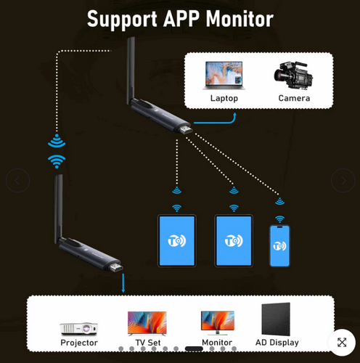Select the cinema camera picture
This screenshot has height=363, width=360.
[x=294, y=75]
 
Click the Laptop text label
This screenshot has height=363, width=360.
[x=224, y=98]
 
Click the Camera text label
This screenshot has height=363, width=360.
[x=294, y=98]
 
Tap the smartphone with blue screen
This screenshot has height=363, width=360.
[x=279, y=246]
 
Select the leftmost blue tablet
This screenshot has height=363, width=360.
[x=176, y=240]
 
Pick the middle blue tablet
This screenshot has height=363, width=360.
[x=233, y=240]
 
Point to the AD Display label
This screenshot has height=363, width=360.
[x=277, y=343]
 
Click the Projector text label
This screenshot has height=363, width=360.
[x=78, y=343]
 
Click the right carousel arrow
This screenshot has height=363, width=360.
[x=343, y=181]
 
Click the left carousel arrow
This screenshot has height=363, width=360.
[x=17, y=181]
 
